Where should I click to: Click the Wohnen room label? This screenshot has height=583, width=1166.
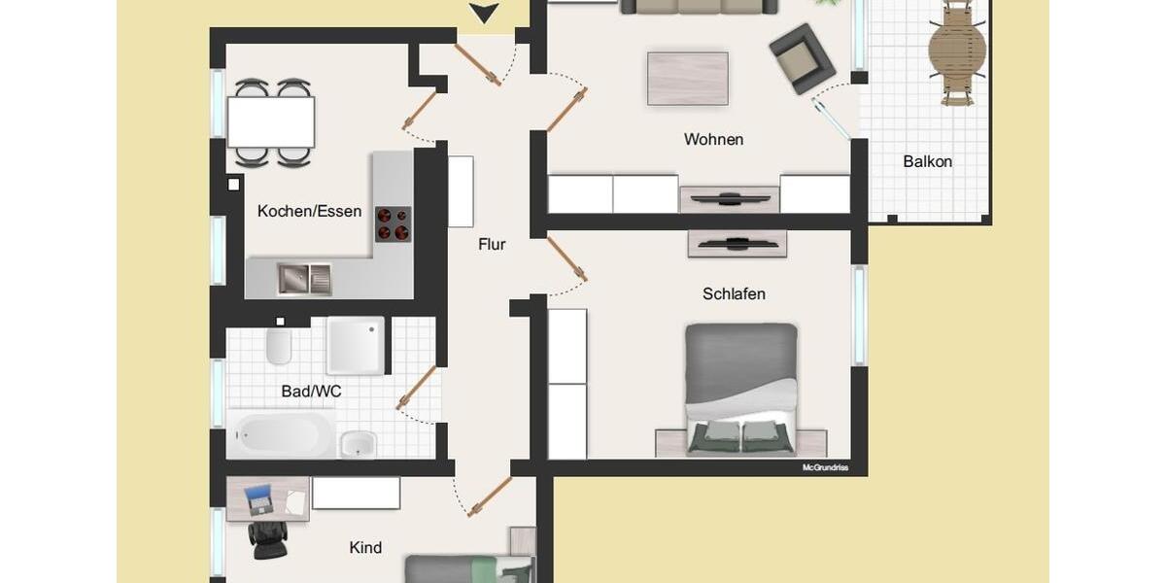click(713, 140)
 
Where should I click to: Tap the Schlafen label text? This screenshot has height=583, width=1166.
click(734, 293)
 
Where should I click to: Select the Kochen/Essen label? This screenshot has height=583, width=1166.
click(309, 211)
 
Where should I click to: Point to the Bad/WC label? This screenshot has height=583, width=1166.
click(311, 392)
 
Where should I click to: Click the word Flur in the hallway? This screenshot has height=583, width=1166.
click(492, 245)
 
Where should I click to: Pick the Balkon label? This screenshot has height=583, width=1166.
click(927, 162)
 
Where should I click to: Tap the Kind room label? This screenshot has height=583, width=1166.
click(365, 548)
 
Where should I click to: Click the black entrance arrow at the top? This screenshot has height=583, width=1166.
click(484, 13)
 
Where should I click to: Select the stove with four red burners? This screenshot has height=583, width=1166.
click(394, 223)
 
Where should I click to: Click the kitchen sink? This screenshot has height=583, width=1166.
click(303, 279)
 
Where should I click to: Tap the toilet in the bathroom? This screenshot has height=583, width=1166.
click(279, 345)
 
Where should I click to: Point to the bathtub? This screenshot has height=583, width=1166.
click(281, 434)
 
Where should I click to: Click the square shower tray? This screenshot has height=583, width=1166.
click(355, 345)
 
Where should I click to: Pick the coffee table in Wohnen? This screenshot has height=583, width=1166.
click(688, 78)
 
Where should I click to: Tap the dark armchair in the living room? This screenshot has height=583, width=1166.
click(802, 57)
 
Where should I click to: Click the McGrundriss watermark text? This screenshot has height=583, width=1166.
click(825, 467)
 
